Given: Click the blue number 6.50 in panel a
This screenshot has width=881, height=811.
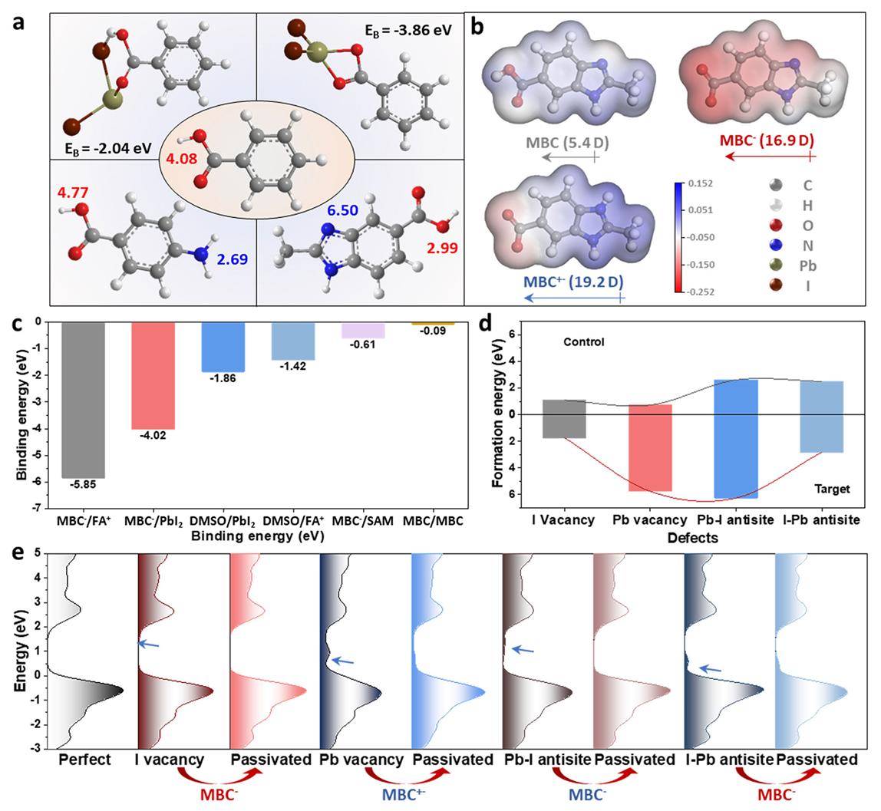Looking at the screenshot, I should (x=343, y=209).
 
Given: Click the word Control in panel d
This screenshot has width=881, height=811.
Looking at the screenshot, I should (x=582, y=341).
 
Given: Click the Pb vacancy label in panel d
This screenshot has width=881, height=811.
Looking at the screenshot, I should (x=651, y=520).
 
